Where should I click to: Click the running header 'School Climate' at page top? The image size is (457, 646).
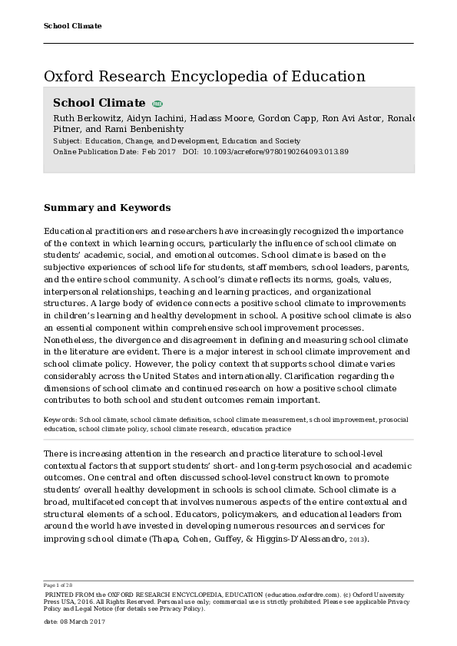click(x=73, y=26)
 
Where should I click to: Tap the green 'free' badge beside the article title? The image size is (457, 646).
click(x=157, y=104)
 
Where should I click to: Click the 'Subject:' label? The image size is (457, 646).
click(x=68, y=141)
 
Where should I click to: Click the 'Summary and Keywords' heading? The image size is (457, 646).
click(x=107, y=208)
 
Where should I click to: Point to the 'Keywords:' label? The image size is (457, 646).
click(x=61, y=420)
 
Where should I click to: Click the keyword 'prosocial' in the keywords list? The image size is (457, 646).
click(x=394, y=420)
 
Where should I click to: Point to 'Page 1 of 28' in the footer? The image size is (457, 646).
click(x=58, y=586)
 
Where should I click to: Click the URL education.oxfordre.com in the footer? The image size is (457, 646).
click(x=302, y=594)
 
